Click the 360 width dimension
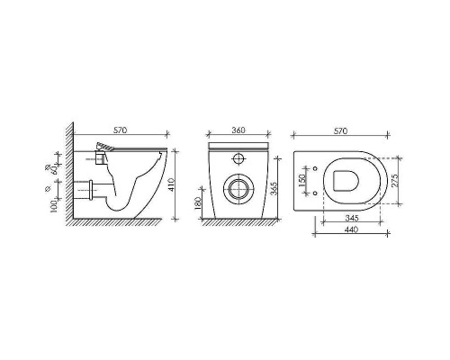(239, 131)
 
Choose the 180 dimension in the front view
(200, 205)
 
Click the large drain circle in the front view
(238, 190)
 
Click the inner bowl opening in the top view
(346, 179)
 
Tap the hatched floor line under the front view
(238, 223)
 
